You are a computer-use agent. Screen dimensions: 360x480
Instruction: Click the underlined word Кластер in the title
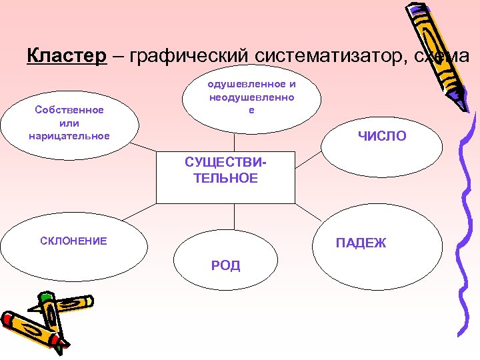coord(66,56)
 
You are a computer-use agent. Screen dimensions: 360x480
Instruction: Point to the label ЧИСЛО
coord(381,137)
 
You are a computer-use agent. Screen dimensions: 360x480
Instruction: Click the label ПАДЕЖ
coord(361,243)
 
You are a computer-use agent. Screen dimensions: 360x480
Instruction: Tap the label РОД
coord(225,266)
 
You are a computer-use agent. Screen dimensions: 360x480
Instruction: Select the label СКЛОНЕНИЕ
coord(73,241)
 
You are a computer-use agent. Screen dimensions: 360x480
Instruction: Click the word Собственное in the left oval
coord(69,110)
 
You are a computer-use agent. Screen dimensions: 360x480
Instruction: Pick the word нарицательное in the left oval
coord(69,136)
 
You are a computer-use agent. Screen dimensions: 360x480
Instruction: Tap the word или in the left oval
coord(69,123)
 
